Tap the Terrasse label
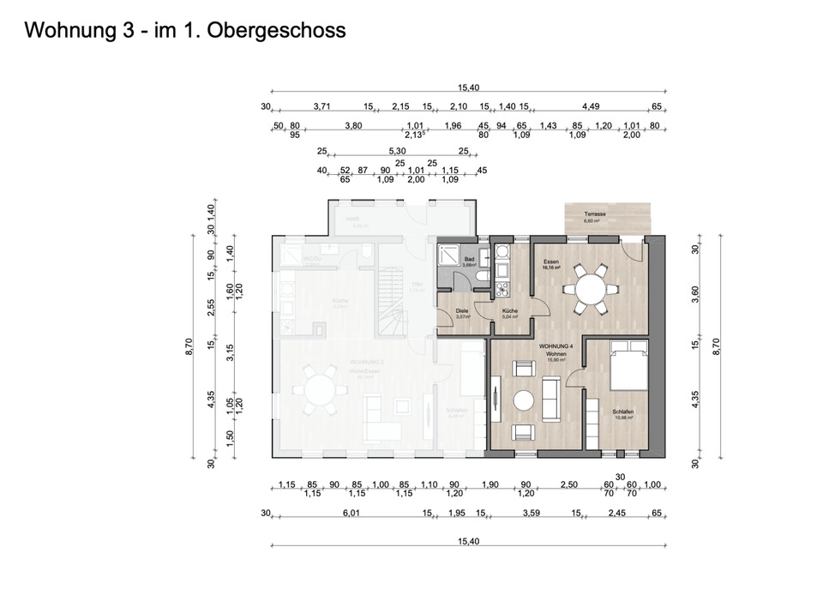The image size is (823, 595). (x=595, y=213)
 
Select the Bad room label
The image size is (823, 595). (x=469, y=259)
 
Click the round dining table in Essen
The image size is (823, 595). (x=588, y=289)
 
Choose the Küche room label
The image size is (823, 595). (x=509, y=310)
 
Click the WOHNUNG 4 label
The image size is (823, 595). (x=554, y=346)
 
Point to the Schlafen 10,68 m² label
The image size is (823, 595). (x=623, y=415)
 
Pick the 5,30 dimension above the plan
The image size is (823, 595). (x=397, y=151)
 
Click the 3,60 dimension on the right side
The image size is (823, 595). (x=695, y=293)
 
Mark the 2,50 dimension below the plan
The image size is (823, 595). (x=568, y=485)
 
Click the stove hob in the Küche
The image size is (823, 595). (x=502, y=250)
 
